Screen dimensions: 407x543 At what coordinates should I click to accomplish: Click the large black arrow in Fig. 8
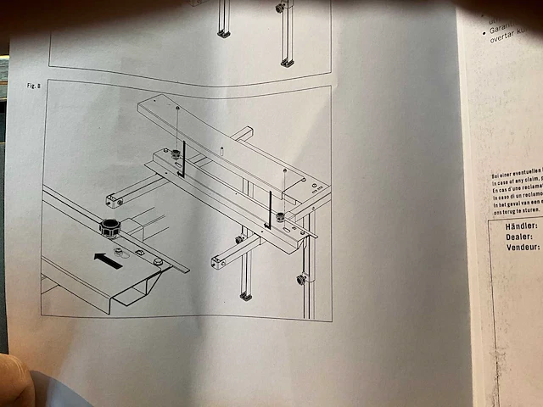click(108, 259)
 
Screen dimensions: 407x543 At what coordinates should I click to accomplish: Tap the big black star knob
click(109, 227)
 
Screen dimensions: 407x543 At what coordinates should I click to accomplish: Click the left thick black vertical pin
click(182, 160)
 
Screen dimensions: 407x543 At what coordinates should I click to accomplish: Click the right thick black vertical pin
click(270, 209)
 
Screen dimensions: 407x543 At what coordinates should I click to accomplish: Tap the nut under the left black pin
click(175, 154)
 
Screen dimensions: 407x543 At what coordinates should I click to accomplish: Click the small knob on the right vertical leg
click(300, 278)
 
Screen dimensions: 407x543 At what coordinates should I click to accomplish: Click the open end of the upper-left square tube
click(112, 201)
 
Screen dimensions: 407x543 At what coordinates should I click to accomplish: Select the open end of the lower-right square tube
click(219, 264)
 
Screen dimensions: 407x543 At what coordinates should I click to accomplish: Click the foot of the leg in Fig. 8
click(245, 296)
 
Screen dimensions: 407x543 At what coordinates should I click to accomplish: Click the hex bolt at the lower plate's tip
click(159, 262)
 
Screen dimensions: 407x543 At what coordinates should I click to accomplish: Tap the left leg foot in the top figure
click(223, 34)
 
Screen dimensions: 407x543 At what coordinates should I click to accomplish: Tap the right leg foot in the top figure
click(288, 62)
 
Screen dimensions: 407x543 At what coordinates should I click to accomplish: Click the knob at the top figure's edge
click(279, 8)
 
